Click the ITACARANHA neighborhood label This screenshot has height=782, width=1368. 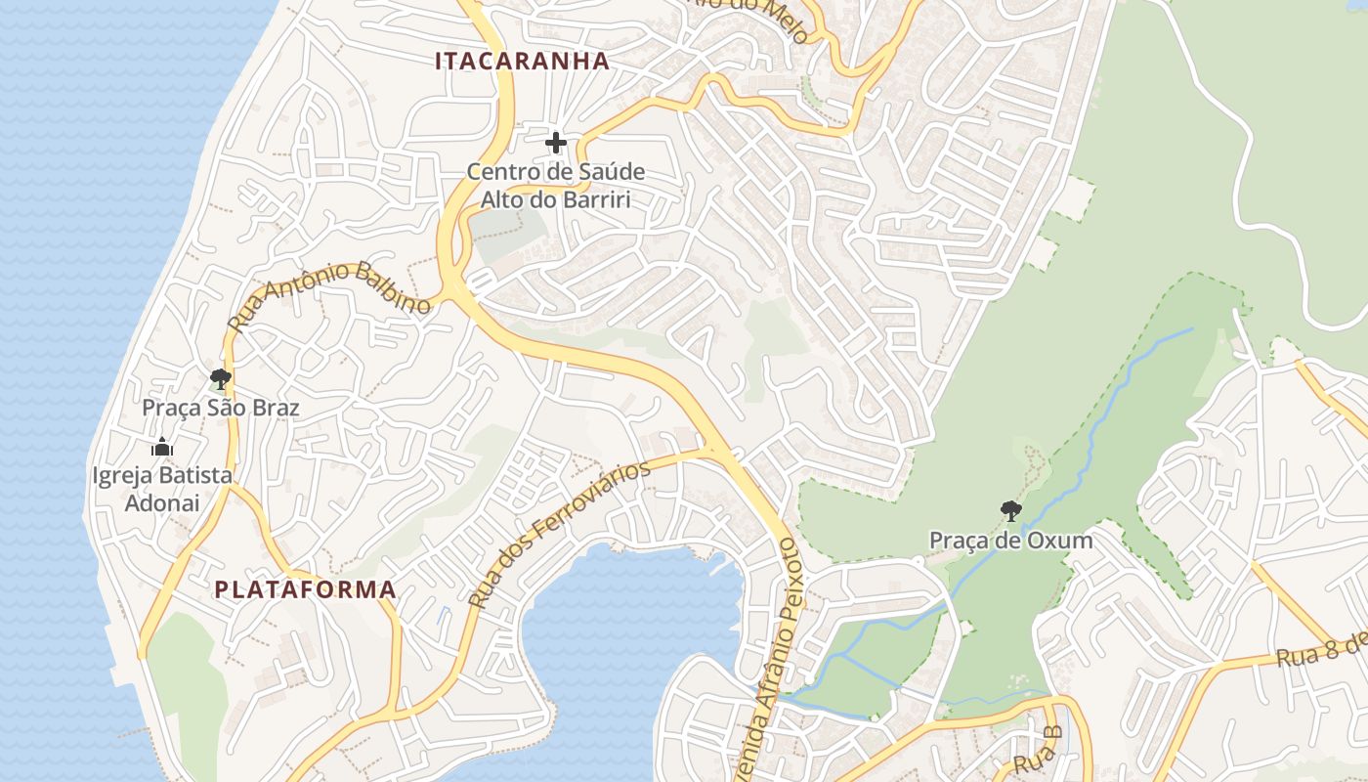coord(522,61)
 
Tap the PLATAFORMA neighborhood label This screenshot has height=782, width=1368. coord(305,589)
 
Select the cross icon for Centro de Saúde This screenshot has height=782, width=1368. coord(556,143)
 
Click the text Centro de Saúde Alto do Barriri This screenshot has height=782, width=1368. coord(555,186)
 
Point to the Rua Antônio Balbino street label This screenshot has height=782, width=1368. coord(329,293)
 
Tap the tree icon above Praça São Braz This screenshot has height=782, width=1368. coord(221,378)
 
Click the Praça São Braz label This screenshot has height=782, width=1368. coord(221,407)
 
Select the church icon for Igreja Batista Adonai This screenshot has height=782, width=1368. coord(162,448)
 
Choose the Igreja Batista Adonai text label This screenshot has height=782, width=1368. coord(162,489)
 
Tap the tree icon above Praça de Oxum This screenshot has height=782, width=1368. coord(1011,510)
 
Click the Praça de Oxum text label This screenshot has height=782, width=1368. coord(1011,540)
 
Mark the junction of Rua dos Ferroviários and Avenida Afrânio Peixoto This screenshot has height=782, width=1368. coord(718,452)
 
